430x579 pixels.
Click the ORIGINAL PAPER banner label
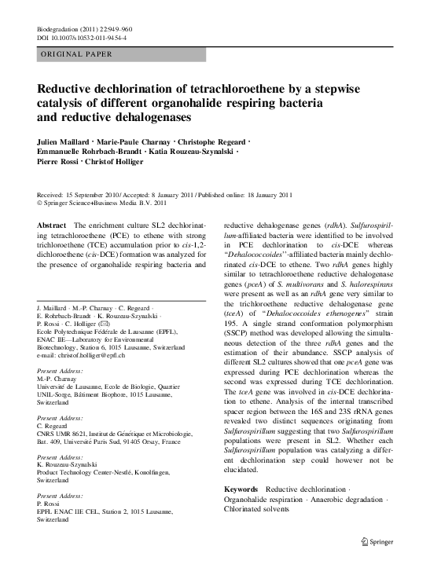76,54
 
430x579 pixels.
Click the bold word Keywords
241,489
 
